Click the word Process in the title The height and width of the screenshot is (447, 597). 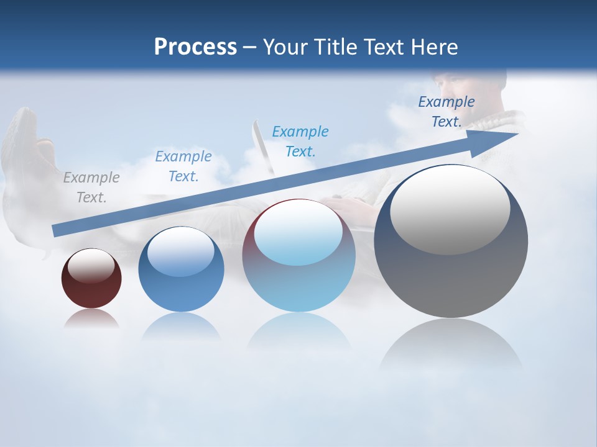tap(195, 47)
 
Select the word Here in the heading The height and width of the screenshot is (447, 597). tap(435, 47)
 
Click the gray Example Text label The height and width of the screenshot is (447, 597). tap(91, 187)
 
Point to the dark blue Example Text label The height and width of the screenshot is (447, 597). tap(446, 112)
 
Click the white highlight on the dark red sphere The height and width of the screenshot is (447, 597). tap(91, 266)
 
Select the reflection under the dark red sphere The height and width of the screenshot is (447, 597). tap(91, 318)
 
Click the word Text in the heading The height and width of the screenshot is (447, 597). tap(386, 47)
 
